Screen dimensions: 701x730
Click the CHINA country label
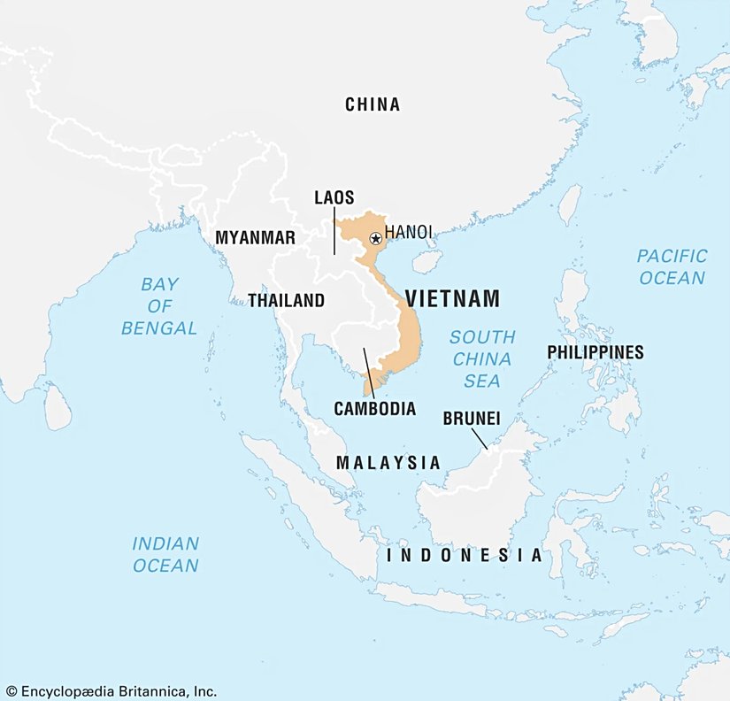click(373, 104)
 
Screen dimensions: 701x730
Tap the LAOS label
click(334, 197)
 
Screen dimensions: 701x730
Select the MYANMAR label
click(256, 238)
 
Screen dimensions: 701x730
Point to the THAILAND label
click(286, 301)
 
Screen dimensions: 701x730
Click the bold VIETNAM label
click(452, 299)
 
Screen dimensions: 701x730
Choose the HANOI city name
click(409, 232)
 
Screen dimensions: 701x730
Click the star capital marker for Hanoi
click(376, 238)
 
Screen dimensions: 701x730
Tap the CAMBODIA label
click(374, 409)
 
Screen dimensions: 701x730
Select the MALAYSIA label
click(388, 462)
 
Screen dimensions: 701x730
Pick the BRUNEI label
click(472, 417)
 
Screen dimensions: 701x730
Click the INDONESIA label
click(465, 556)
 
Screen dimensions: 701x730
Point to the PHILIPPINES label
click(596, 352)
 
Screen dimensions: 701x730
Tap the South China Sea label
click(482, 358)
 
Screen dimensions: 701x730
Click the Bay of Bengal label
click(159, 306)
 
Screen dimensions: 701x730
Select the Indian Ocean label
click(165, 554)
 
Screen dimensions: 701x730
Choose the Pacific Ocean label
click(672, 266)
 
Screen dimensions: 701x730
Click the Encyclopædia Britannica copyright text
click(110, 690)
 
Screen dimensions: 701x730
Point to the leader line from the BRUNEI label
click(479, 437)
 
